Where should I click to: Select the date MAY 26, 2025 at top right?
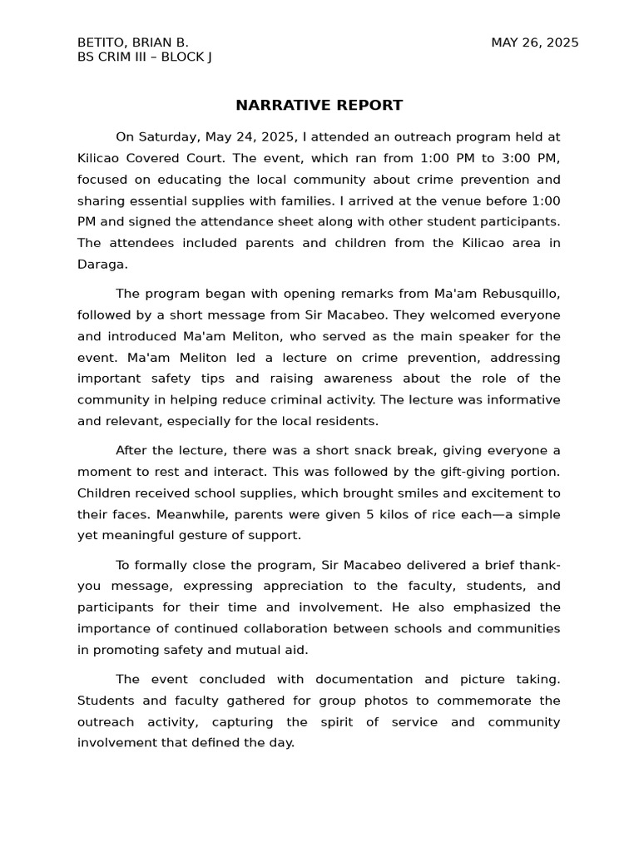coord(534,42)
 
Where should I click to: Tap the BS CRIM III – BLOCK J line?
coord(144,57)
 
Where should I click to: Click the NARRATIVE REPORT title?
coord(319,105)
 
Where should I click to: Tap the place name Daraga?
coord(101,264)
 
